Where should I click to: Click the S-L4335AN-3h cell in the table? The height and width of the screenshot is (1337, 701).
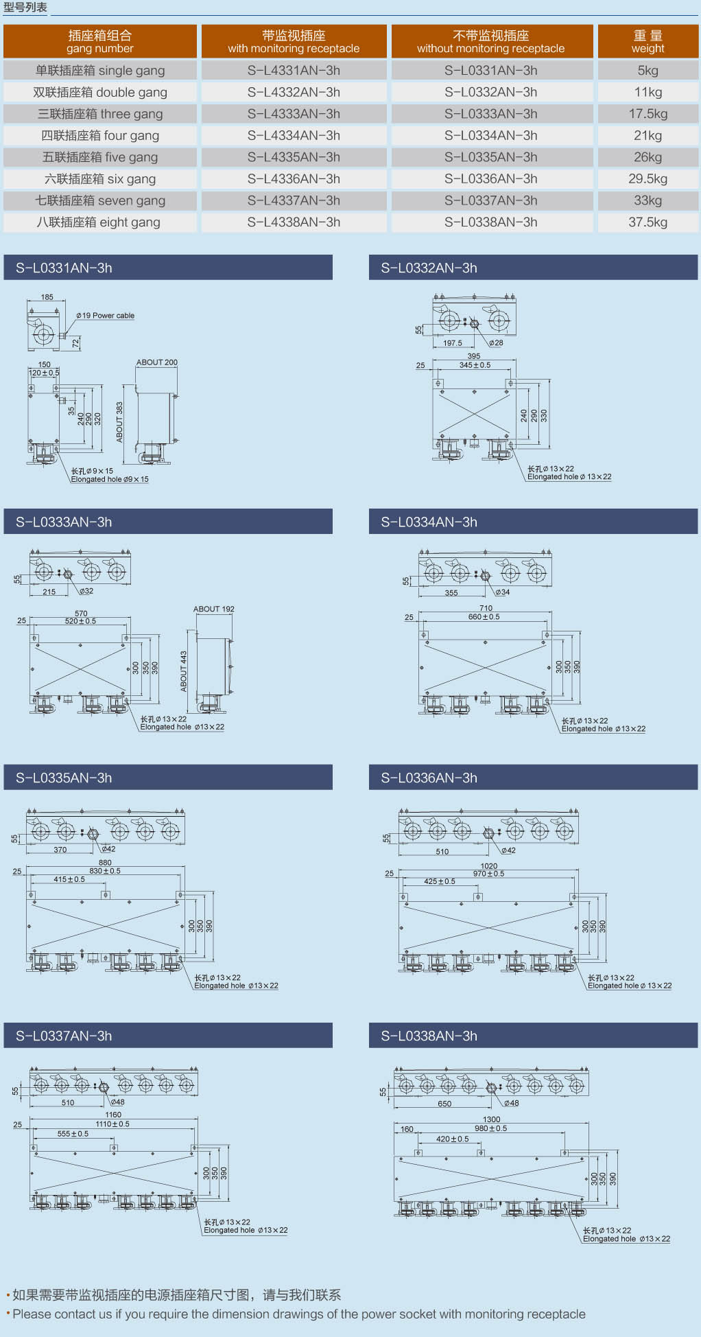[294, 157]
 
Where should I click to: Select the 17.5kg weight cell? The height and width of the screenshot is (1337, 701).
[647, 114]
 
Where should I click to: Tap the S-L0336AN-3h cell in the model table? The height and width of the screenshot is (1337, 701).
[490, 179]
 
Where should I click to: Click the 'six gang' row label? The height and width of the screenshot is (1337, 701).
[100, 179]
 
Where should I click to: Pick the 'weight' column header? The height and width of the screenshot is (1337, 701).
[647, 41]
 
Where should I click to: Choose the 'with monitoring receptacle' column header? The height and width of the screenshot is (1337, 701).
[294, 41]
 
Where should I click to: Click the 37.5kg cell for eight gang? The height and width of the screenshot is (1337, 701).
[647, 222]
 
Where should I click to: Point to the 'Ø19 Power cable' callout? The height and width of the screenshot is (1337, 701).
[105, 316]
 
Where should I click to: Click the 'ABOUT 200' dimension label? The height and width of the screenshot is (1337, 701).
[156, 362]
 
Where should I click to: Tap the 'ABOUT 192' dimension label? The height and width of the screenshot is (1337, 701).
[213, 609]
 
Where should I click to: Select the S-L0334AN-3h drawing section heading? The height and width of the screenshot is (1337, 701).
[429, 522]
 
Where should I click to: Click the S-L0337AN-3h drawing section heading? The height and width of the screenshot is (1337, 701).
[64, 1036]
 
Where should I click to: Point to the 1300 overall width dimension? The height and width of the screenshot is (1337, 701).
[491, 1119]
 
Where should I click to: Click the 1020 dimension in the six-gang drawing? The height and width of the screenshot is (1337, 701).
[488, 866]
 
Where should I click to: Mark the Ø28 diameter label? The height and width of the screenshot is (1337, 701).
[496, 343]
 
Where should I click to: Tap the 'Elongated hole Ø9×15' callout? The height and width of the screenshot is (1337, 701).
[110, 480]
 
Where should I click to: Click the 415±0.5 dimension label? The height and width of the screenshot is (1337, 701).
[69, 879]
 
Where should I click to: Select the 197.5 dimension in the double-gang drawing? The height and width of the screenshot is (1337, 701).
[452, 343]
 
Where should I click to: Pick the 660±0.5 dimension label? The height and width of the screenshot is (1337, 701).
[484, 617]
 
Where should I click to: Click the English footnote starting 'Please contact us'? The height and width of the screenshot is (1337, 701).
[299, 1314]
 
